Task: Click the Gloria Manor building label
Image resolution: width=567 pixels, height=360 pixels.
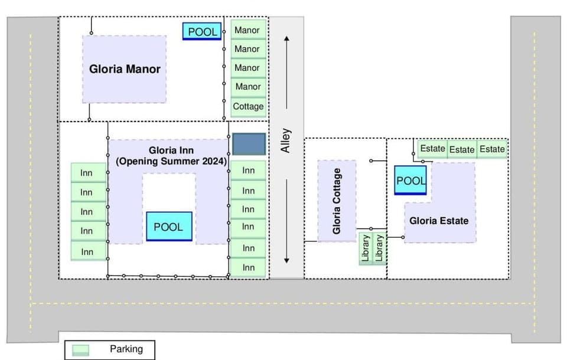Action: [x=125, y=69]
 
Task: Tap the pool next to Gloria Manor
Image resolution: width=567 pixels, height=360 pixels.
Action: [x=203, y=31]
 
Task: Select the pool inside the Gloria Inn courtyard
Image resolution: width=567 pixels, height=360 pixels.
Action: [x=169, y=227]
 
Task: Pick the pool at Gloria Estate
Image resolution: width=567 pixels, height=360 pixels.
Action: [x=410, y=181]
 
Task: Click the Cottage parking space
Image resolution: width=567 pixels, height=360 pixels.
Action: [x=248, y=107]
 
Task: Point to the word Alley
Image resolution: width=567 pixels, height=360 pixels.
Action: [x=286, y=140]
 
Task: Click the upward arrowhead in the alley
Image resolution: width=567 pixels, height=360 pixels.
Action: [x=286, y=39]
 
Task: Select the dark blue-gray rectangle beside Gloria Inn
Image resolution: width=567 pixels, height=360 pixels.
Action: [x=249, y=144]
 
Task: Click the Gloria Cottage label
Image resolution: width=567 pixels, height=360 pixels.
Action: [x=337, y=201]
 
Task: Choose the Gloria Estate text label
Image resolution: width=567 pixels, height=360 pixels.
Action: [x=439, y=221]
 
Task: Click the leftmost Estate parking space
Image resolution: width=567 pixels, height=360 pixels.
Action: [x=432, y=149]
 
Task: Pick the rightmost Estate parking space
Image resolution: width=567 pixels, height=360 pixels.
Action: [x=492, y=149]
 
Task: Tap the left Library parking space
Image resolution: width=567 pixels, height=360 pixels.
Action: [x=366, y=249]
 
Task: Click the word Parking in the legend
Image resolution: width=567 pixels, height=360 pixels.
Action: [x=126, y=349]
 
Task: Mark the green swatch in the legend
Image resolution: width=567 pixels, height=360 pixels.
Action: [x=80, y=350]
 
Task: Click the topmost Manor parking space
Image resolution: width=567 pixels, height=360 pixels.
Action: [x=247, y=30]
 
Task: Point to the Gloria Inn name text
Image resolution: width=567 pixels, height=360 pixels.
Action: [x=171, y=150]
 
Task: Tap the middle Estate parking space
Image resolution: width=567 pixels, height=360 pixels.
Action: [x=462, y=149]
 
